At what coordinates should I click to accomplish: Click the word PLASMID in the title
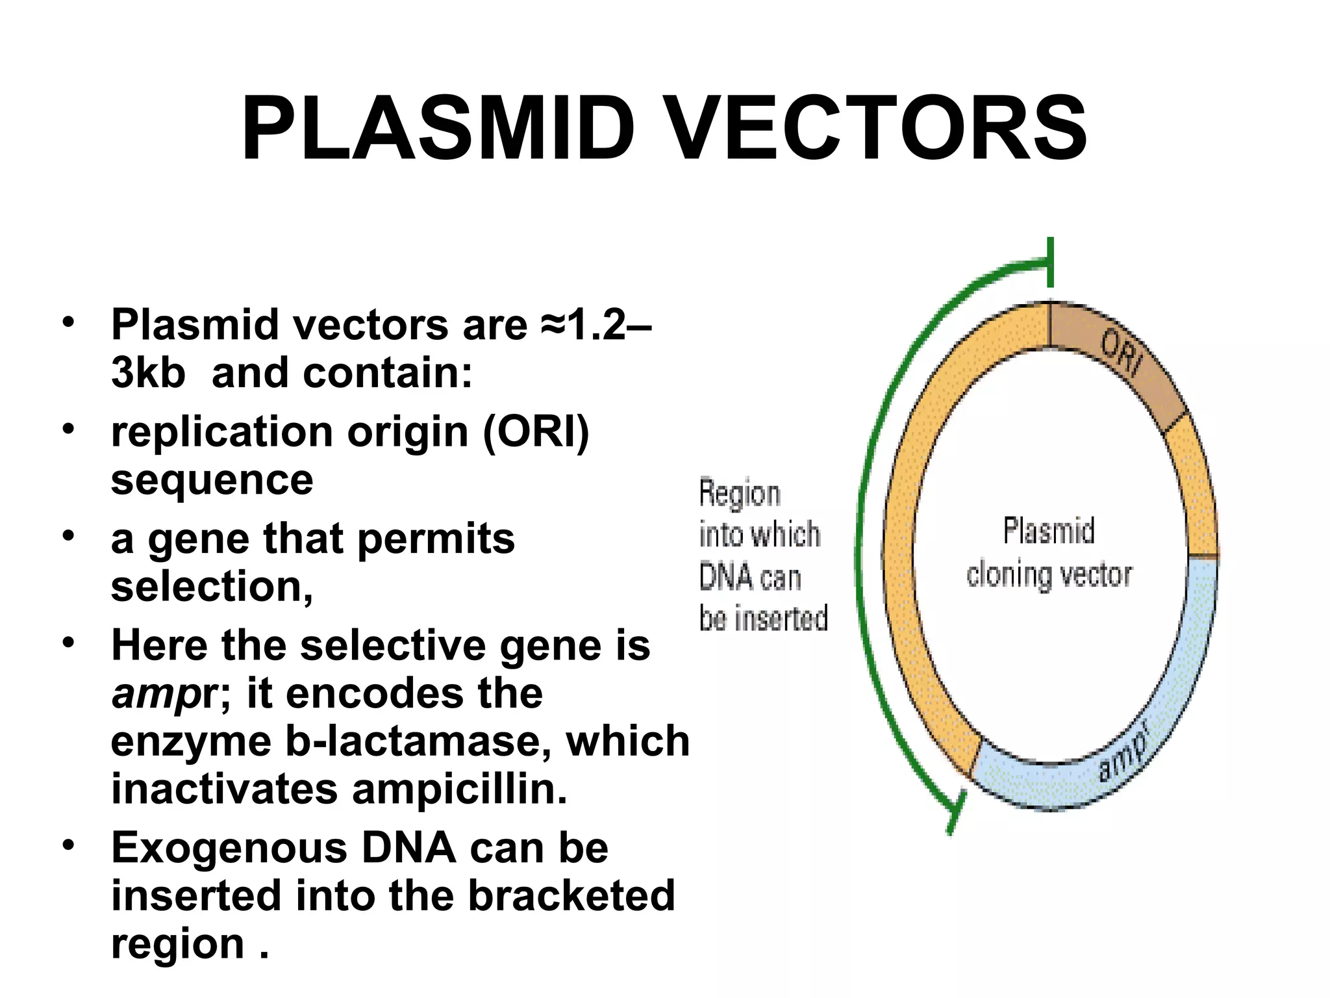pyautogui.click(x=438, y=128)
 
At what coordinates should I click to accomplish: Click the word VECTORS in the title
pyautogui.click(x=877, y=128)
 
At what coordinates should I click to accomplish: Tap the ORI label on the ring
pyautogui.click(x=1122, y=352)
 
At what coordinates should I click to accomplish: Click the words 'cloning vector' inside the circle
pyautogui.click(x=1049, y=574)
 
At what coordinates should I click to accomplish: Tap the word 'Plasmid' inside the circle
pyautogui.click(x=1049, y=530)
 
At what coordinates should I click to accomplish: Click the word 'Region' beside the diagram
pyautogui.click(x=740, y=494)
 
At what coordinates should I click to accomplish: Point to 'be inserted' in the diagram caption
pyautogui.click(x=764, y=617)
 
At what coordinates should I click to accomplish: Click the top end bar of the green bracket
pyautogui.click(x=1050, y=262)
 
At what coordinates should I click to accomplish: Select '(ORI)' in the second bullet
pyautogui.click(x=535, y=432)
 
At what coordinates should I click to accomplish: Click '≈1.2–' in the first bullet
pyautogui.click(x=595, y=324)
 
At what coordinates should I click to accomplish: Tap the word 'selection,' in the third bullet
pyautogui.click(x=212, y=587)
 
